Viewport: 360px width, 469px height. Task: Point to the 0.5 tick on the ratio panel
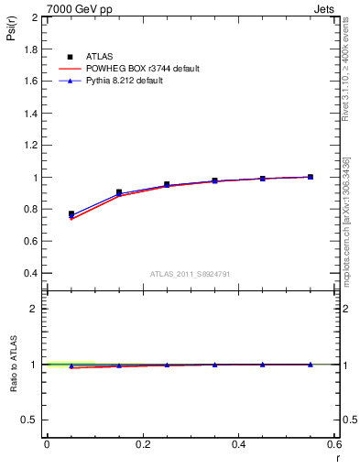(x=30, y=420)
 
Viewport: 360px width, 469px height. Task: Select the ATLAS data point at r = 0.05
(x=71, y=214)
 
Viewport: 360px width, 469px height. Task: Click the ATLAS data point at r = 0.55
(x=311, y=177)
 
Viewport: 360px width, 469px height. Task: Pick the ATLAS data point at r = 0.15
(x=119, y=192)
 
